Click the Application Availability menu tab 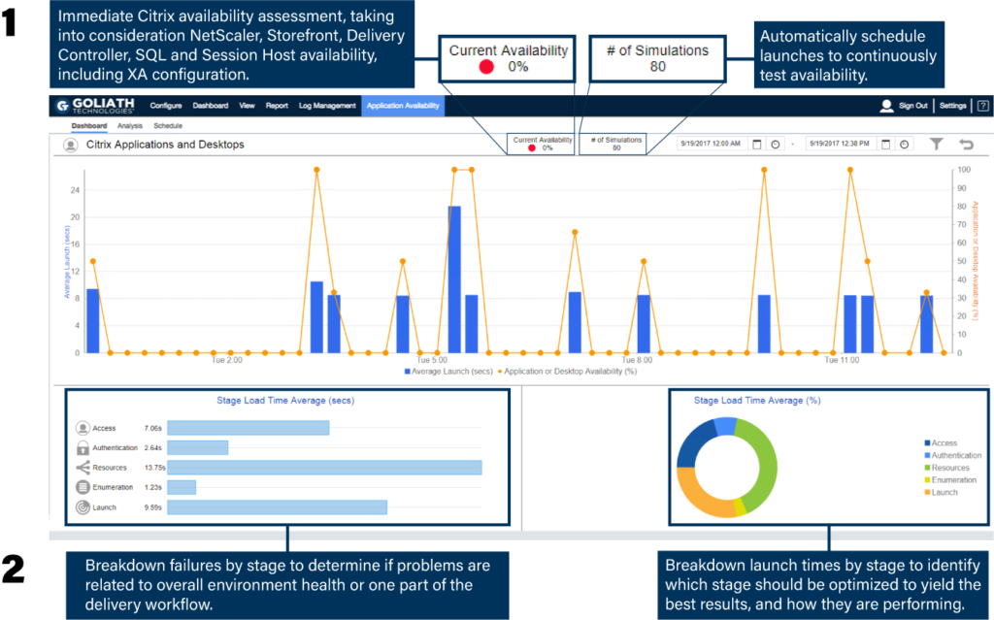coord(403,106)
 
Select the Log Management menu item coord(327,106)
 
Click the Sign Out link coord(912,106)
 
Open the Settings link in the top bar coord(952,106)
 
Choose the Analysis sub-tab coord(130,126)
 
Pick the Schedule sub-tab coord(168,126)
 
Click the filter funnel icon coord(936,145)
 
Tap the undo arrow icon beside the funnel coord(966,145)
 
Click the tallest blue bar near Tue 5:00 coord(454,278)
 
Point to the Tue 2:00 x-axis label coord(227,360)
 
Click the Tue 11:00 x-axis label coord(842,360)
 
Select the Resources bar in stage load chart coord(324,468)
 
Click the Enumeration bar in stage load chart coord(182,487)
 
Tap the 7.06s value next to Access coord(152,428)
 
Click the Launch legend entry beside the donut coord(944,492)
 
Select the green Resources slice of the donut coord(766,456)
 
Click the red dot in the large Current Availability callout coord(486,67)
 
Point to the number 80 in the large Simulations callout coord(658,67)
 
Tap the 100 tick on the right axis coord(965,171)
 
